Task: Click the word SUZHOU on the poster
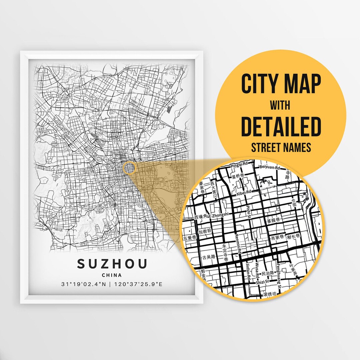pyautogui.click(x=112, y=264)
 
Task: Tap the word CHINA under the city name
pyautogui.click(x=112, y=275)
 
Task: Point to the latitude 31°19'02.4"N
pyautogui.click(x=85, y=284)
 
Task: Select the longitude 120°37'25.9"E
pyautogui.click(x=138, y=284)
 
